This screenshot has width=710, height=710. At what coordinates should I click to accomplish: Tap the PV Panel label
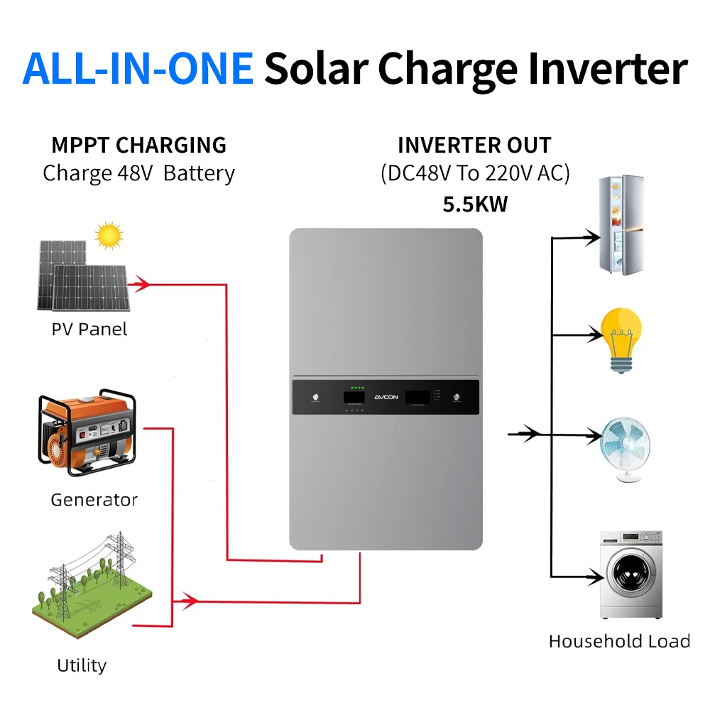[x=89, y=329]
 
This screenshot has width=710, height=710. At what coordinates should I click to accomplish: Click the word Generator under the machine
[x=94, y=500]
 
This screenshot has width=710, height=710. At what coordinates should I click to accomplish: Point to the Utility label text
[x=82, y=666]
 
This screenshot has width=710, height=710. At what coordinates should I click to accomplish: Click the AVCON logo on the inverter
[x=386, y=398]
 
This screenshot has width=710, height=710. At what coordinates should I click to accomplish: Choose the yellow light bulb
[x=621, y=339]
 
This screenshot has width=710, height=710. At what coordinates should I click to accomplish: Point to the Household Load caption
[x=619, y=642]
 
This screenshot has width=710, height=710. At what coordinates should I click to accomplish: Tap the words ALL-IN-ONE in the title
[x=138, y=69]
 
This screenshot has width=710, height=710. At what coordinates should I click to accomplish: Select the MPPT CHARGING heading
[x=138, y=146]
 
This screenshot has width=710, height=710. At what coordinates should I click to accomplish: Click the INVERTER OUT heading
[x=474, y=146]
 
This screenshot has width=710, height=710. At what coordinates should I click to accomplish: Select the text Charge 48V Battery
[x=138, y=173]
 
